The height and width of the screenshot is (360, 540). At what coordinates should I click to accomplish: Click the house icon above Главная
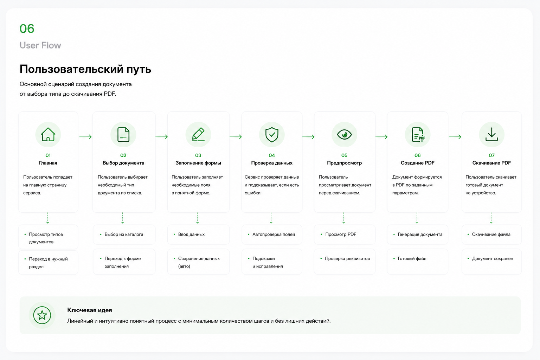tap(48, 134)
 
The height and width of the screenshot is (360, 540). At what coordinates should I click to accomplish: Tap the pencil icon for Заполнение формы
tap(198, 134)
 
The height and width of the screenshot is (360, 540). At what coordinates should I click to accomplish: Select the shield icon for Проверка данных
tap(272, 135)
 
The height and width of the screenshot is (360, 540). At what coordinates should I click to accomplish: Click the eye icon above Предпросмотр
tap(344, 135)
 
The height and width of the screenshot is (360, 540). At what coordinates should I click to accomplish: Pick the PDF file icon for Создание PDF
tap(418, 134)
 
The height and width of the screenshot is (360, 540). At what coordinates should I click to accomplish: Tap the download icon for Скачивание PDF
tap(491, 134)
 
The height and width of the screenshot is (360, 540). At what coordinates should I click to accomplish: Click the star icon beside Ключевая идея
tap(42, 315)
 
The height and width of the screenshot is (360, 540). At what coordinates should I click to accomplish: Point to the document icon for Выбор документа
tap(123, 134)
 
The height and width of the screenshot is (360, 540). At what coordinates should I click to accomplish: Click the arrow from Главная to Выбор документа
tap(85, 137)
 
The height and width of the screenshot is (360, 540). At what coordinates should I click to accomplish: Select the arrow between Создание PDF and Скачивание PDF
tap(455, 137)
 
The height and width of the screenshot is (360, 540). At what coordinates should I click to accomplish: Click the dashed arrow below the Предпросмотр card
tap(343, 218)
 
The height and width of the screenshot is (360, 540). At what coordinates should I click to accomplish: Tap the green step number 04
tap(272, 155)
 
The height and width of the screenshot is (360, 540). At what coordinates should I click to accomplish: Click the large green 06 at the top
tap(27, 29)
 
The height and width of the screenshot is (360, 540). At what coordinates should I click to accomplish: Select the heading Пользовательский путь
tap(85, 69)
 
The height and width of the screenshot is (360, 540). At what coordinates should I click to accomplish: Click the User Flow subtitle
tap(40, 45)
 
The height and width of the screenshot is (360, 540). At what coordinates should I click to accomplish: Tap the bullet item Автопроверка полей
tap(274, 234)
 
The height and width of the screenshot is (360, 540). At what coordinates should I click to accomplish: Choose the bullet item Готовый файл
tap(412, 258)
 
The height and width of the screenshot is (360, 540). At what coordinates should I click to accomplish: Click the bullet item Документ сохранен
tap(492, 258)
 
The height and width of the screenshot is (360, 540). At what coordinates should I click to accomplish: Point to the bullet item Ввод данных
tap(191, 234)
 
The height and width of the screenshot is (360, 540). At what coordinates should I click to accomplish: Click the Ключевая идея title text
tap(89, 310)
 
